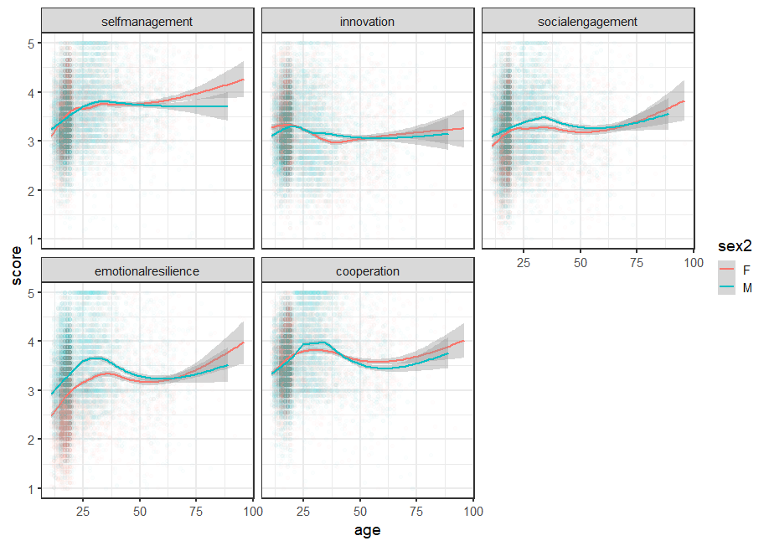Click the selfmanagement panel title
[147, 21]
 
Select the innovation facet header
[367, 21]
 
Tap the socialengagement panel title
[587, 21]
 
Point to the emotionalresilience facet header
[147, 271]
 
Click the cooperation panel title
[367, 271]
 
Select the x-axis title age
[368, 530]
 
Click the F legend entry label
[746, 270]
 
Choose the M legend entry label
[747, 288]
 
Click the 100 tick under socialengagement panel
[692, 263]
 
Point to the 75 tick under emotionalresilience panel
[196, 513]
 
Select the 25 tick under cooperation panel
[303, 513]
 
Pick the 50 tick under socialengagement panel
[580, 263]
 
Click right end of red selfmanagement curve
[243, 80]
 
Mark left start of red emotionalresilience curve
[51, 415]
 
